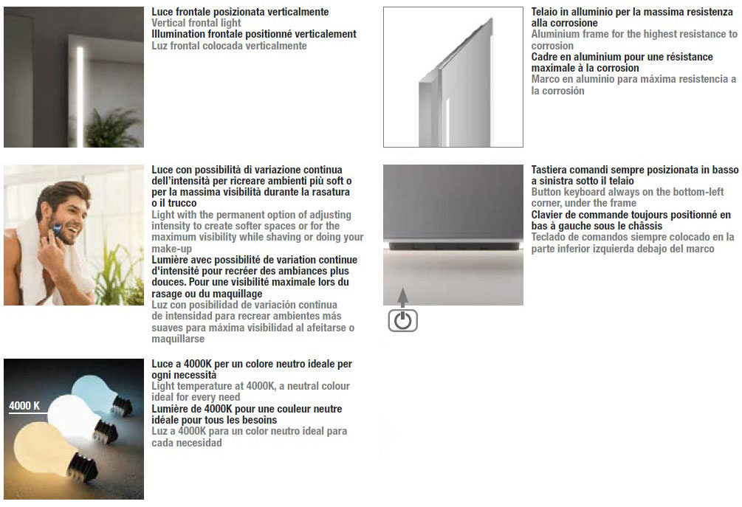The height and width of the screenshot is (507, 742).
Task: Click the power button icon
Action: tap(403, 320)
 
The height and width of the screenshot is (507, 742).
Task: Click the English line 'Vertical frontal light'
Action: tap(196, 24)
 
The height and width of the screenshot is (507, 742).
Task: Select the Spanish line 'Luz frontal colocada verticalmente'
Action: tap(229, 46)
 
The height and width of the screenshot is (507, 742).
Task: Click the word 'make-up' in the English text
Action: tap(171, 249)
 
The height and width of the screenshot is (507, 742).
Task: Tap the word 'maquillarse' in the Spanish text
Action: tap(178, 339)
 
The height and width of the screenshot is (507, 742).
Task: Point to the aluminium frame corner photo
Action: tap(453, 77)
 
